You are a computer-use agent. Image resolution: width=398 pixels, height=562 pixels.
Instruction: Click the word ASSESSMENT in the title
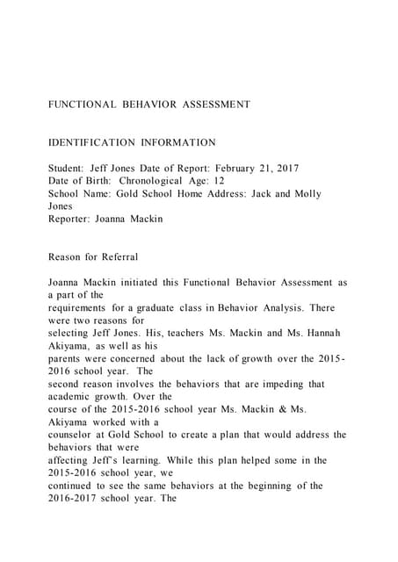pos(217,104)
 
